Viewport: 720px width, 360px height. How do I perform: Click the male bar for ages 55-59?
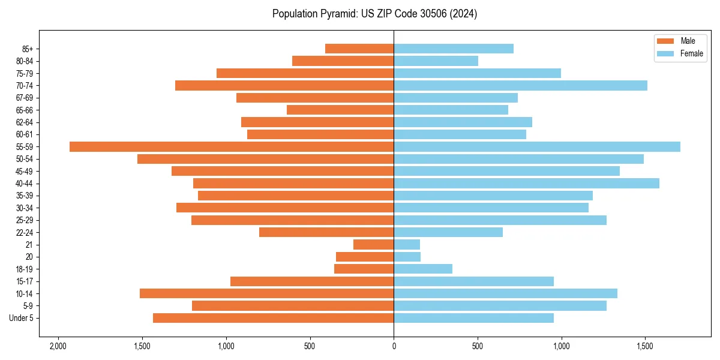(x=232, y=147)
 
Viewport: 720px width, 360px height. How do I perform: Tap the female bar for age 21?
(x=407, y=245)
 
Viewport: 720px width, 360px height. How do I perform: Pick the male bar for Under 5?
(x=273, y=318)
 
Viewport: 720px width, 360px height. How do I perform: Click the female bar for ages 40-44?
(x=526, y=184)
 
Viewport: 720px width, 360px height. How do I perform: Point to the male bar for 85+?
(x=359, y=49)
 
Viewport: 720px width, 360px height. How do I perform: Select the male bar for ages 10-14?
(x=266, y=293)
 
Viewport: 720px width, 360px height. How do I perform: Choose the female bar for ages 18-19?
(x=423, y=269)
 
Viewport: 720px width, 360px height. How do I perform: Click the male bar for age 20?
(x=365, y=257)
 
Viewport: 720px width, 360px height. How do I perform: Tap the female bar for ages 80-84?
(x=436, y=61)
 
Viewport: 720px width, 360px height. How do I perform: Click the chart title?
(x=374, y=14)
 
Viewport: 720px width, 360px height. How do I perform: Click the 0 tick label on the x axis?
(x=394, y=347)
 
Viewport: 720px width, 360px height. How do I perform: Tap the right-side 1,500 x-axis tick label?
(x=645, y=347)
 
